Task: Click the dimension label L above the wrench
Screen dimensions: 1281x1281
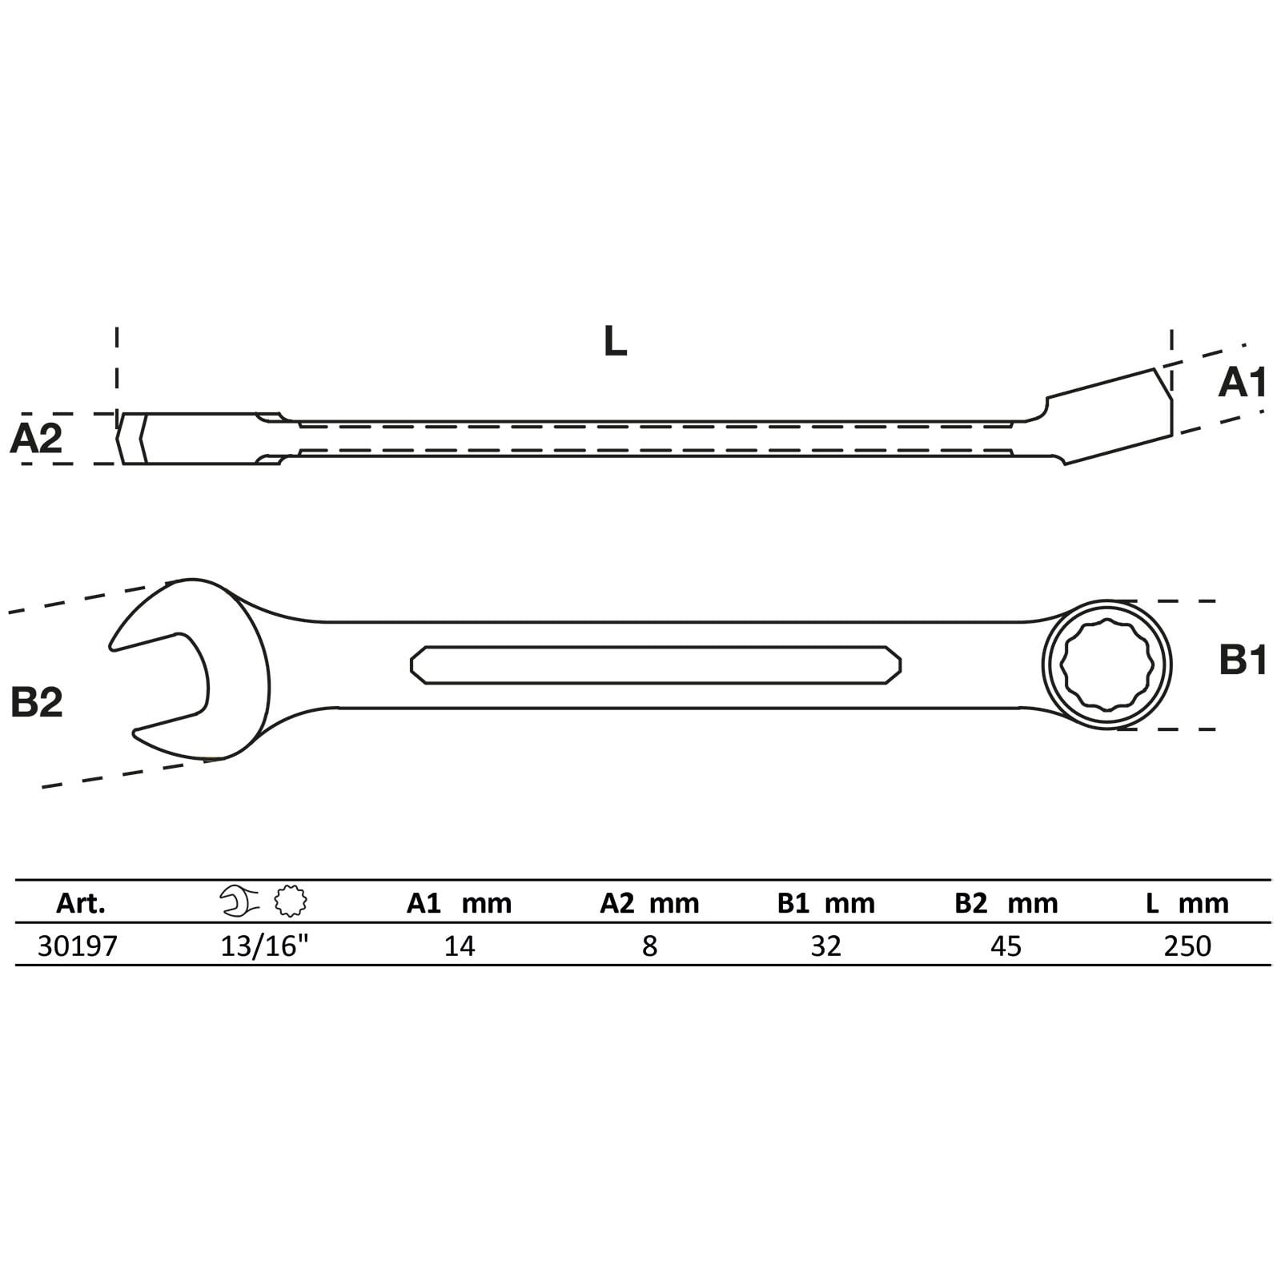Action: pyautogui.click(x=615, y=342)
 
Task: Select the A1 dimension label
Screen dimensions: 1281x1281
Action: pyautogui.click(x=1242, y=383)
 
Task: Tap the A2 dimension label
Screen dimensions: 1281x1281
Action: pyautogui.click(x=36, y=439)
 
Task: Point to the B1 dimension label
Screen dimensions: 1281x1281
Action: pyautogui.click(x=1243, y=661)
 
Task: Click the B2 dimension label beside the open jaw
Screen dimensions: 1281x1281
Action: pyautogui.click(x=37, y=702)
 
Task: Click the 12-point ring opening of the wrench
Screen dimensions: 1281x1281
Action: pyautogui.click(x=1106, y=665)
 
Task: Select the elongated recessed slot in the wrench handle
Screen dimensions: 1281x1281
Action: pyautogui.click(x=655, y=665)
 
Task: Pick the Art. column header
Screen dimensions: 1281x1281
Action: pyautogui.click(x=81, y=903)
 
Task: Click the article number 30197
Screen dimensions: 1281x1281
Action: pyautogui.click(x=78, y=946)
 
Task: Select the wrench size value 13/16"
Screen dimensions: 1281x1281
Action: pyautogui.click(x=265, y=946)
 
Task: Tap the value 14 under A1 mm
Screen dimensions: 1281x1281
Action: pyautogui.click(x=460, y=946)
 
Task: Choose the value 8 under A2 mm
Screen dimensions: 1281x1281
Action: pyautogui.click(x=649, y=946)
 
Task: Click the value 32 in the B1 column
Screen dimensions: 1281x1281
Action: pyautogui.click(x=825, y=946)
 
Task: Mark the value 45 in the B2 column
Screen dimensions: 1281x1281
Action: pyautogui.click(x=1006, y=946)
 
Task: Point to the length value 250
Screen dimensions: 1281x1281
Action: pyautogui.click(x=1187, y=946)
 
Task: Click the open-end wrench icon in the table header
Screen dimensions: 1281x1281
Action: pyautogui.click(x=239, y=902)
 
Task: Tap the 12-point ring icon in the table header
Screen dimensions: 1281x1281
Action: pyautogui.click(x=290, y=902)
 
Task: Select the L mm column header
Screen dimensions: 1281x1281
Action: pyautogui.click(x=1187, y=903)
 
